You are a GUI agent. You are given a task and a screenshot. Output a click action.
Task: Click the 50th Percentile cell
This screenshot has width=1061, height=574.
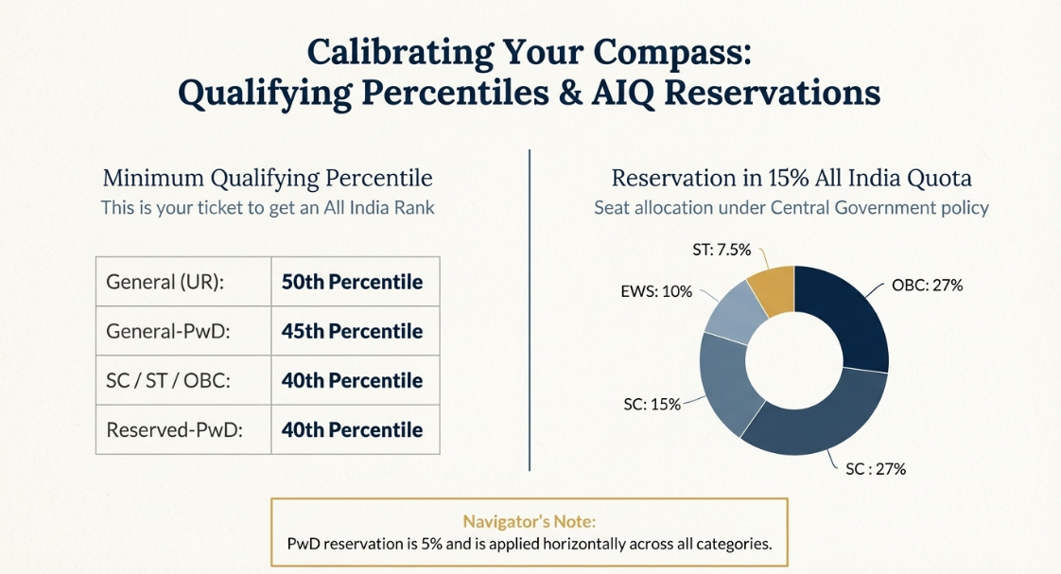pos(352,282)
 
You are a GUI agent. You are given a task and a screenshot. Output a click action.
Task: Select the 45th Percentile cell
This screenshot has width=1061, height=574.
pos(352,331)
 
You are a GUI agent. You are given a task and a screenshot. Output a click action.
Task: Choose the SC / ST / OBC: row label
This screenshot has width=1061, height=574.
pos(169,380)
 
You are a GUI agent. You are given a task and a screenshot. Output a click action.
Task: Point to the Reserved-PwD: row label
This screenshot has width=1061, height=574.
pos(175,429)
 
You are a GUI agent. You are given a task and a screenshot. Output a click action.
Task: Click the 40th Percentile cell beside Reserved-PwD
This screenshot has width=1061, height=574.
pos(352,429)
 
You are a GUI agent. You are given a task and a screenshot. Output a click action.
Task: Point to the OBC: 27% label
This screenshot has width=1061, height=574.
pos(927,285)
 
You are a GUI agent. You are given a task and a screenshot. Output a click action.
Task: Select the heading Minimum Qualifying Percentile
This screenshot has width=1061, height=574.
pos(267,178)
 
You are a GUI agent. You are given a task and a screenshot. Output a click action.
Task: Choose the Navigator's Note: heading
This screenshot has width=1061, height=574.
pos(529,521)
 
